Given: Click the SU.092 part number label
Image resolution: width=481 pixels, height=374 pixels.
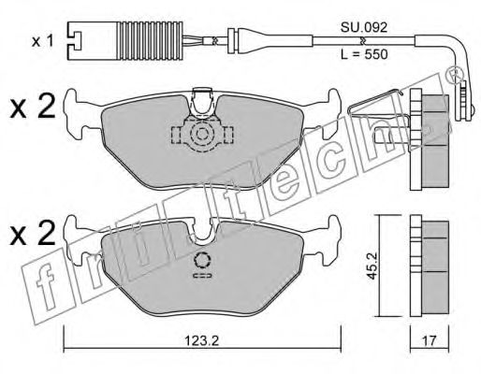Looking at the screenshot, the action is [x=364, y=27].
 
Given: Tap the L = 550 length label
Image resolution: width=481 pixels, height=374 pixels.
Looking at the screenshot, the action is [x=364, y=54].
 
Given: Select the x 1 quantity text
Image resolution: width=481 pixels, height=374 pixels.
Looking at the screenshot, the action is [x=43, y=41].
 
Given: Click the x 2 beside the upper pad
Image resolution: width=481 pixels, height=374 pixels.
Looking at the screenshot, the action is [x=33, y=107].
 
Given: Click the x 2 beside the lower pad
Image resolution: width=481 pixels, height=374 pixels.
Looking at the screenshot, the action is [x=33, y=233].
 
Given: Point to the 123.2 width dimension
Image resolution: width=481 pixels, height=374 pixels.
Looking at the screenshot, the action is [x=202, y=340].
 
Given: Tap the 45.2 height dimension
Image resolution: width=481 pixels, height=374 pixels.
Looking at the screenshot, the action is [x=372, y=266].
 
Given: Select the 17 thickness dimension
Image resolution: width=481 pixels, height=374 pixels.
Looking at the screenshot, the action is [x=430, y=340].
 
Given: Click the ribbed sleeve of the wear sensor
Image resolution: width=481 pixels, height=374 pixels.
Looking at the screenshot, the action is [x=150, y=40].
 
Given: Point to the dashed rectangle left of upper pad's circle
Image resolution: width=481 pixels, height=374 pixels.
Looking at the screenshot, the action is [x=176, y=135].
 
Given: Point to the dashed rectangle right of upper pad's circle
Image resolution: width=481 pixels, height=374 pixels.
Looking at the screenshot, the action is [x=228, y=135].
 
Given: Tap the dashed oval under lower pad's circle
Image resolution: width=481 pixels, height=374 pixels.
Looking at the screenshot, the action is [x=202, y=276].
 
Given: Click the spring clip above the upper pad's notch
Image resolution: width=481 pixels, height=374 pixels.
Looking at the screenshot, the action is [x=202, y=103].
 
